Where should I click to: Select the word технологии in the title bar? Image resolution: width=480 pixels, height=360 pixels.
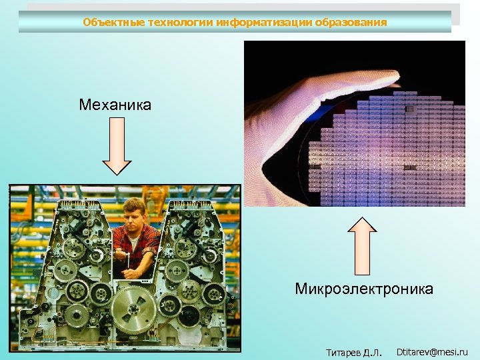pyautogui.click(x=173, y=22)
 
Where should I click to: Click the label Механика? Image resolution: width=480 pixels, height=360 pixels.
pyautogui.click(x=115, y=105)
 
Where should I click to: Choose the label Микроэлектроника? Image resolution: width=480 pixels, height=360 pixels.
pyautogui.click(x=364, y=289)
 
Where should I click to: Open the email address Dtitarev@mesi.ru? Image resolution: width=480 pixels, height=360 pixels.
pyautogui.click(x=432, y=351)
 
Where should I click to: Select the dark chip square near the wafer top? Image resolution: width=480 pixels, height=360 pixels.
pyautogui.click(x=410, y=109)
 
